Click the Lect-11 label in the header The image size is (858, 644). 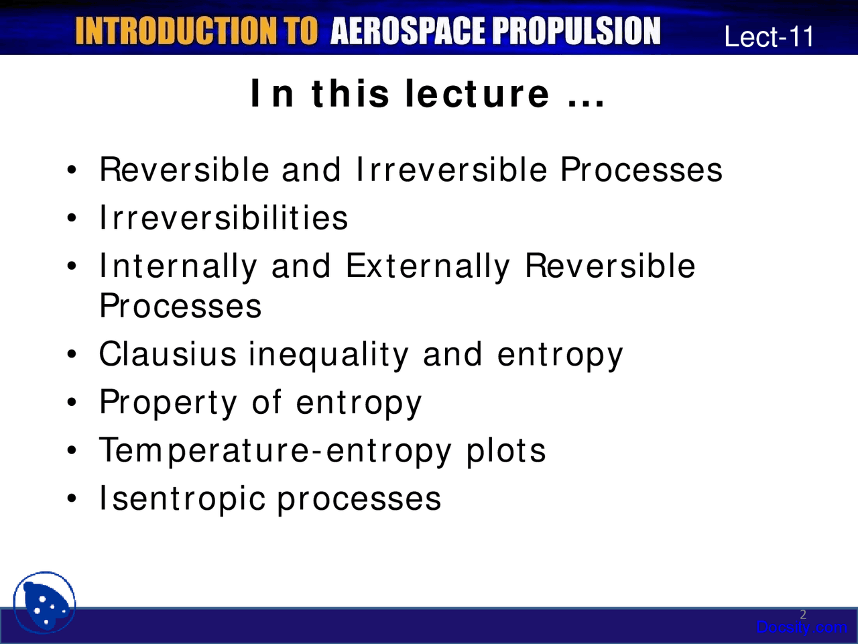[x=769, y=37]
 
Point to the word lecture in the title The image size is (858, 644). [x=477, y=93]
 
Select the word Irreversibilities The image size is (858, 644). [x=223, y=217]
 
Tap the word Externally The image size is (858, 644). [x=428, y=266]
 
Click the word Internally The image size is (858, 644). [x=178, y=266]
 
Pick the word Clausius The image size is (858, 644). [x=168, y=354]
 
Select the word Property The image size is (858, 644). [x=168, y=404]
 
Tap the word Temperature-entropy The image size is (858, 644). [x=275, y=451]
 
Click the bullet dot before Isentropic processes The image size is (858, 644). [x=71, y=498]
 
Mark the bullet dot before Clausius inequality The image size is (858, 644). [x=71, y=354]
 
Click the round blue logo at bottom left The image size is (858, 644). [x=44, y=602]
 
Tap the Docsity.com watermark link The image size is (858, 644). [x=801, y=628]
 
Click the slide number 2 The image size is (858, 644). [x=803, y=614]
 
